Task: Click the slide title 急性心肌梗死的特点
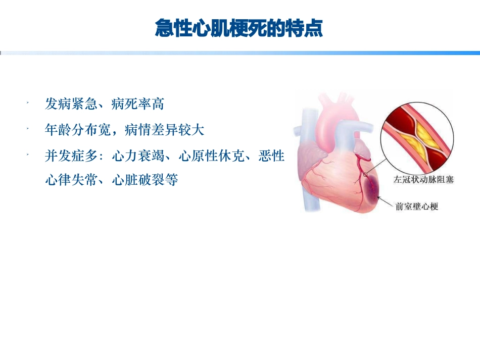238,29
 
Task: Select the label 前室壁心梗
417,206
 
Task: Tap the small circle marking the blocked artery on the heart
365,175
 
